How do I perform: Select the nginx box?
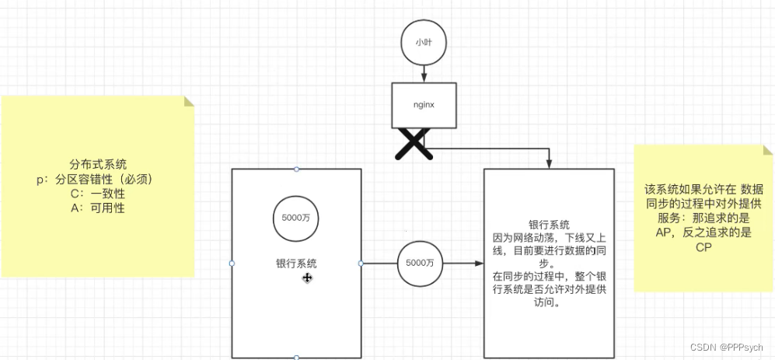[x=423, y=105]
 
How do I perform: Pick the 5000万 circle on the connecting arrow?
[x=420, y=263]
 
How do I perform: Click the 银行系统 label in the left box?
[x=296, y=264]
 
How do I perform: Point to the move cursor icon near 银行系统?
[x=308, y=278]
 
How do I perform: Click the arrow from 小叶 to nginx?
[x=424, y=74]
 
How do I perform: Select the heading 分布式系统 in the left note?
[x=98, y=164]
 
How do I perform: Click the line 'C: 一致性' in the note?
[x=97, y=194]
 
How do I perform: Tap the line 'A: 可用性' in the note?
[x=97, y=208]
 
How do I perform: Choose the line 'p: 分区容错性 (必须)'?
[x=98, y=179]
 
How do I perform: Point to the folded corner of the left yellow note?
[x=187, y=102]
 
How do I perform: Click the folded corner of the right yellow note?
[x=763, y=150]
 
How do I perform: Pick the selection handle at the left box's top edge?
[x=296, y=169]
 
